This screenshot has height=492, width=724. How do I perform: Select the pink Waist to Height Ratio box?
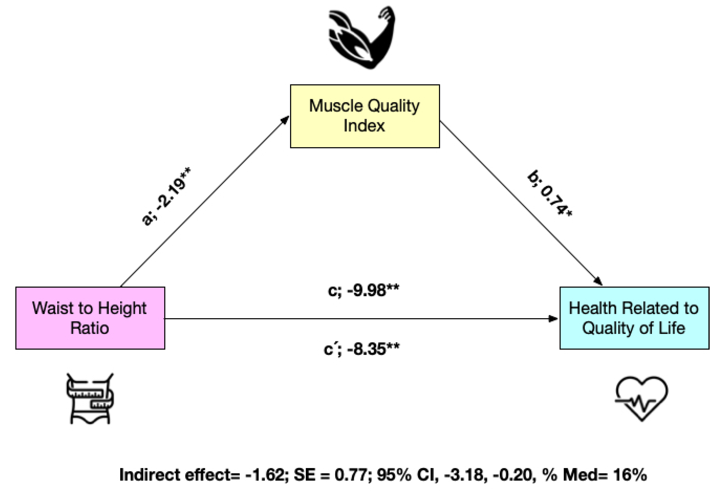(90, 318)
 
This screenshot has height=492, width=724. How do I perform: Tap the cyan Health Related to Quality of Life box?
(634, 318)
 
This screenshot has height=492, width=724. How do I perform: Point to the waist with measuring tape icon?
(90, 399)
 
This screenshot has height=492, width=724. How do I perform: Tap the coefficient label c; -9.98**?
(363, 290)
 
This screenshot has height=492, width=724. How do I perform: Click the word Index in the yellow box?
(364, 126)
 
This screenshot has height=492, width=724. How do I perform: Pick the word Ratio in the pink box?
(90, 328)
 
